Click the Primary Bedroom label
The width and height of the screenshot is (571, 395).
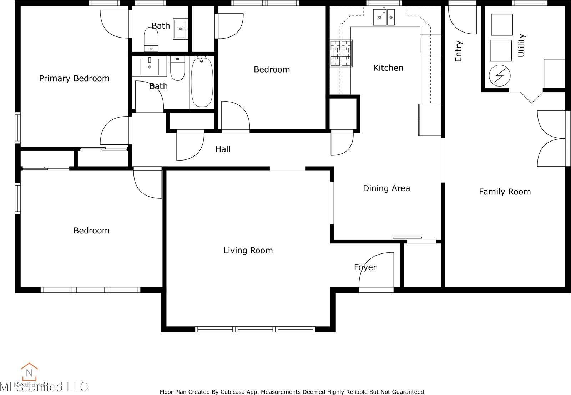pyautogui.click(x=74, y=78)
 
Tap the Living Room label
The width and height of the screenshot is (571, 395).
pyautogui.click(x=248, y=250)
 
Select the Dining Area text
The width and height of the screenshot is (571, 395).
pyautogui.click(x=386, y=188)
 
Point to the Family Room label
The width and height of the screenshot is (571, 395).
pyautogui.click(x=505, y=192)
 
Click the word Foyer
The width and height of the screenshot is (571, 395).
pyautogui.click(x=365, y=267)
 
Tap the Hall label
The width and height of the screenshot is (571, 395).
pyautogui.click(x=223, y=149)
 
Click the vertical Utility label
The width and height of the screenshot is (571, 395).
pyautogui.click(x=521, y=45)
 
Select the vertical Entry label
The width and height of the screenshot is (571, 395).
pyautogui.click(x=459, y=51)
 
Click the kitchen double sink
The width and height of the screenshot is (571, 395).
pyautogui.click(x=384, y=17)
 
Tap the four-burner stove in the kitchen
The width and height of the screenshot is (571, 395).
pyautogui.click(x=341, y=53)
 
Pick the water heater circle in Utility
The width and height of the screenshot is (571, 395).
pyautogui.click(x=500, y=75)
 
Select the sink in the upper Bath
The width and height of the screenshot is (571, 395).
pyautogui.click(x=181, y=28)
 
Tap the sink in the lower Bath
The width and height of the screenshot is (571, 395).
pyautogui.click(x=150, y=66)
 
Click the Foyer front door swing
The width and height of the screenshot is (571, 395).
pyautogui.click(x=377, y=270)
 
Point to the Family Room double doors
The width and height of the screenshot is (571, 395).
pyautogui.click(x=551, y=138)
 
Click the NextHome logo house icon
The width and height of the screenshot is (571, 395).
pyautogui.click(x=29, y=372)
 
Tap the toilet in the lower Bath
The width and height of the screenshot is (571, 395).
pyautogui.click(x=177, y=69)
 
